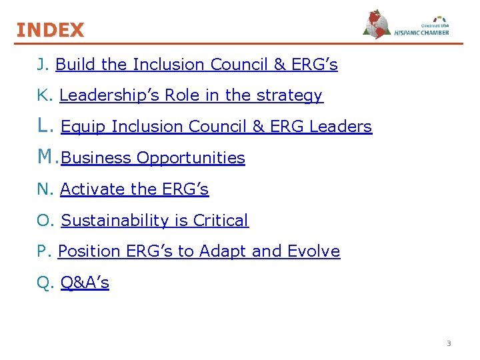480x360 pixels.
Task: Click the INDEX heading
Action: click(51, 30)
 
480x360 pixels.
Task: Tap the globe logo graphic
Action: click(377, 25)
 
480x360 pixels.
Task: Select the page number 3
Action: click(449, 343)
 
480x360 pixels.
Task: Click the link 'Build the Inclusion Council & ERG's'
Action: click(197, 65)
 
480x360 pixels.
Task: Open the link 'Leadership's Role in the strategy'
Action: click(191, 96)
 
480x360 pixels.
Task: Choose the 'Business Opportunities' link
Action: click(153, 158)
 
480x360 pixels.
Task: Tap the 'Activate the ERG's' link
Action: click(135, 189)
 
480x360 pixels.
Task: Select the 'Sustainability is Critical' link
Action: click(155, 221)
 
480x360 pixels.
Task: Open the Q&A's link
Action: click(85, 283)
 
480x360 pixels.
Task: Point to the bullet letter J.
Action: click(42, 65)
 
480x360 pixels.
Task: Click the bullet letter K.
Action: click(43, 96)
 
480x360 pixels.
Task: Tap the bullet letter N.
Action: click(44, 189)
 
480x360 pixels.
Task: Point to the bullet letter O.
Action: click(44, 221)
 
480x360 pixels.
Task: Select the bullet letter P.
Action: click(43, 252)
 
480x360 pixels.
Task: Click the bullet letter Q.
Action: click(44, 283)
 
